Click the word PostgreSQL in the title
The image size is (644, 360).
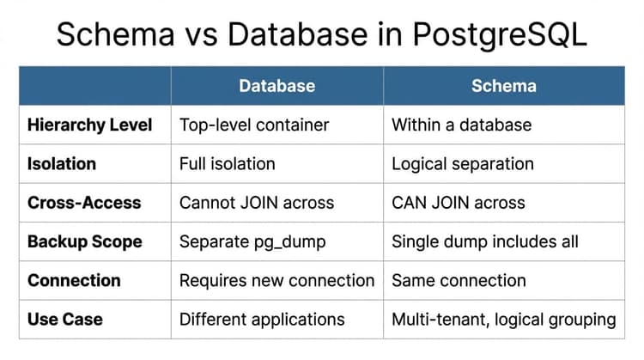pos(500,35)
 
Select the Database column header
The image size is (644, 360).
pos(277,86)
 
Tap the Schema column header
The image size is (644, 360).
pos(504,86)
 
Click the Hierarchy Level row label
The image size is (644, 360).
pos(90,125)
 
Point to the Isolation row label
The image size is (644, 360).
pos(62,164)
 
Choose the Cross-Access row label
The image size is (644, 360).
pos(84,203)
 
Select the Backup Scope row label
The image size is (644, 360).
pos(85,241)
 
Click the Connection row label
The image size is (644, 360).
pos(75,281)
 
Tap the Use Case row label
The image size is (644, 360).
pos(65,320)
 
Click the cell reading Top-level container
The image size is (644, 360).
pos(254,125)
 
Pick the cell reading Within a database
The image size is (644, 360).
pos(462,125)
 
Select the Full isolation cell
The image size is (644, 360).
pos(228,164)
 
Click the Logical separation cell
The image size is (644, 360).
pos(463,164)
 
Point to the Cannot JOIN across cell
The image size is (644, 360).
pos(257,203)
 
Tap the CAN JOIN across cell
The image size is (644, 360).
pos(459,203)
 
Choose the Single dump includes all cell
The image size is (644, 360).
pos(485,241)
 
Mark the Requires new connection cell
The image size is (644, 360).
pos(276,281)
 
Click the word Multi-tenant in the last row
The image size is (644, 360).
pos(440,320)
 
